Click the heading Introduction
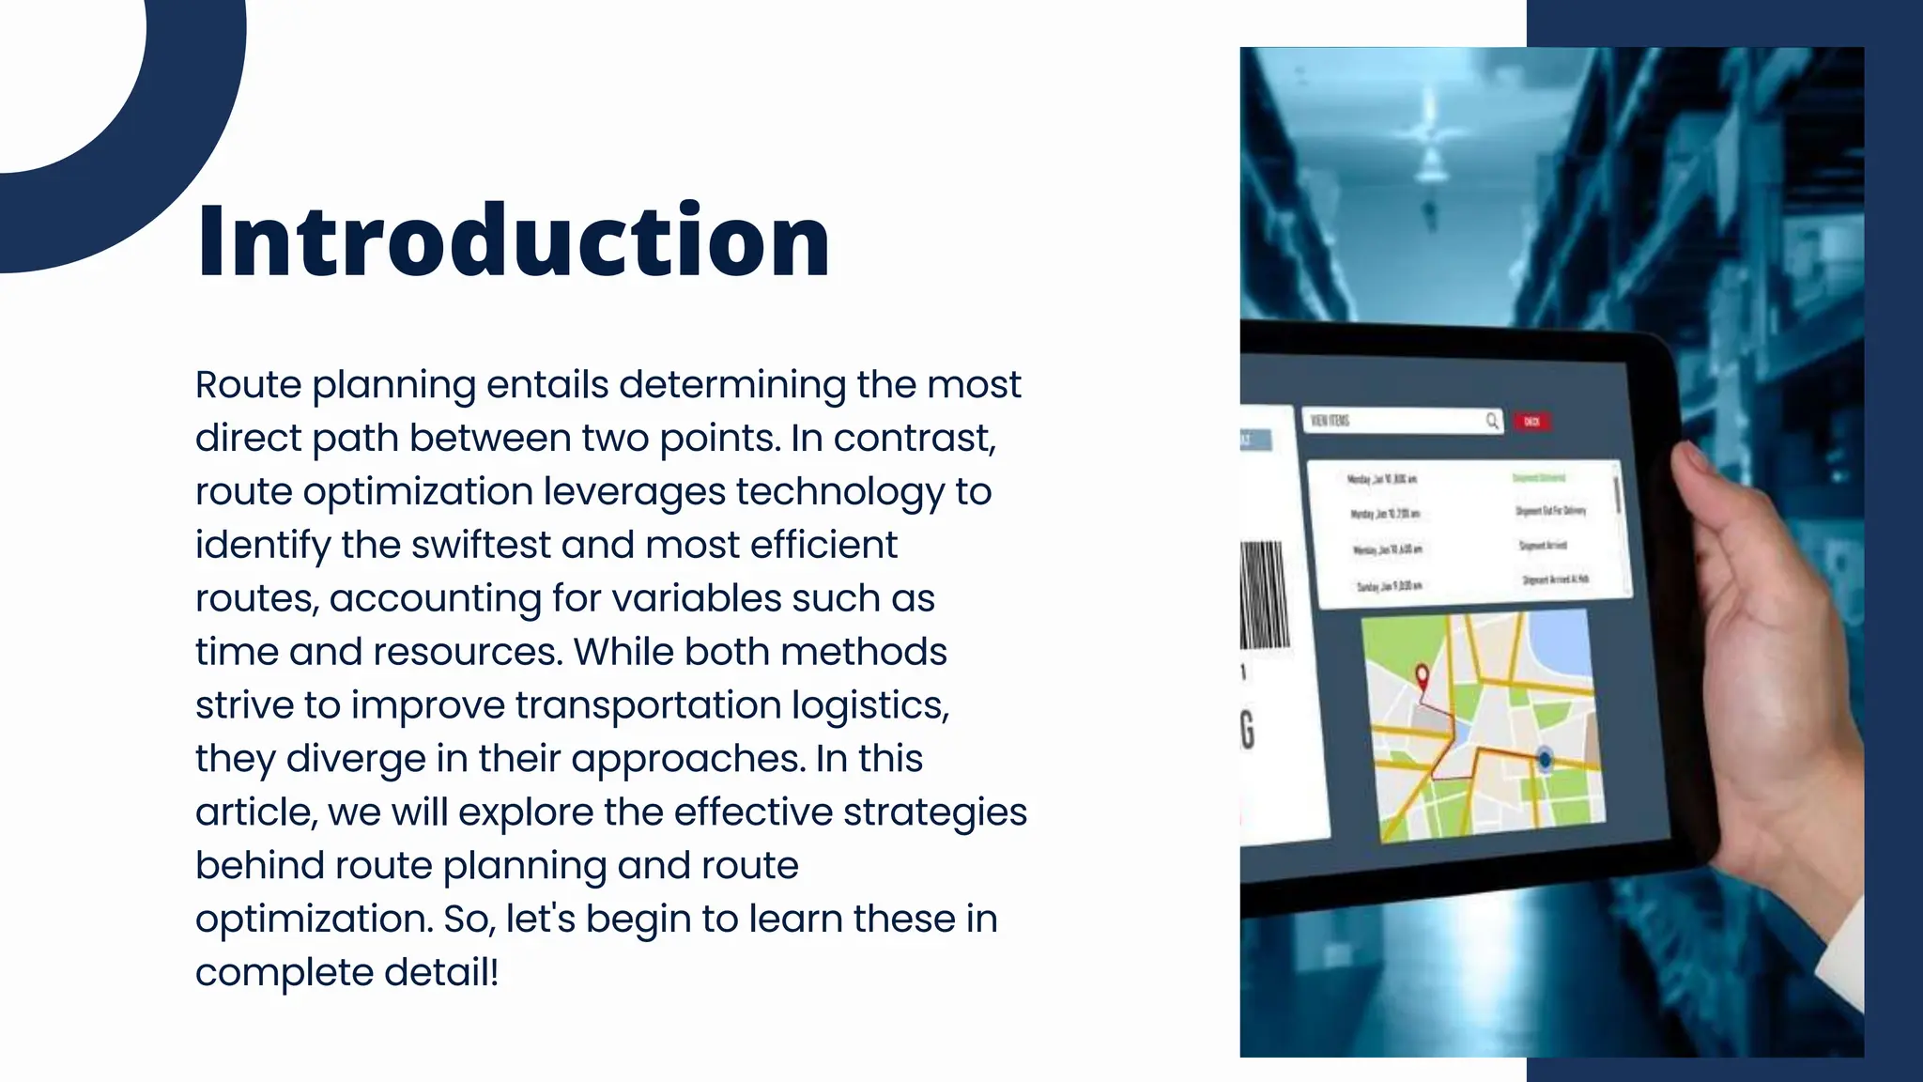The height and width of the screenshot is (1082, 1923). [x=514, y=241]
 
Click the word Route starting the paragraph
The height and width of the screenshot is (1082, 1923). [x=248, y=385]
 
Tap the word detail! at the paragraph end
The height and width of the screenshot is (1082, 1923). [x=441, y=972]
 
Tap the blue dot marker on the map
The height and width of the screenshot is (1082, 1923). [x=1545, y=758]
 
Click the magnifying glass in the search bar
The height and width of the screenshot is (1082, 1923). [x=1492, y=421]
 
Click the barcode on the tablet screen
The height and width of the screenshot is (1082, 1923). [x=1264, y=594]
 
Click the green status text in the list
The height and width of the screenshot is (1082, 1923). [x=1538, y=478]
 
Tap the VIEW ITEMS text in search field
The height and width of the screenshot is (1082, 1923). [x=1330, y=421]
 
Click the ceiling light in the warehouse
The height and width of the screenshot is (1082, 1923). [x=1429, y=141]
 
